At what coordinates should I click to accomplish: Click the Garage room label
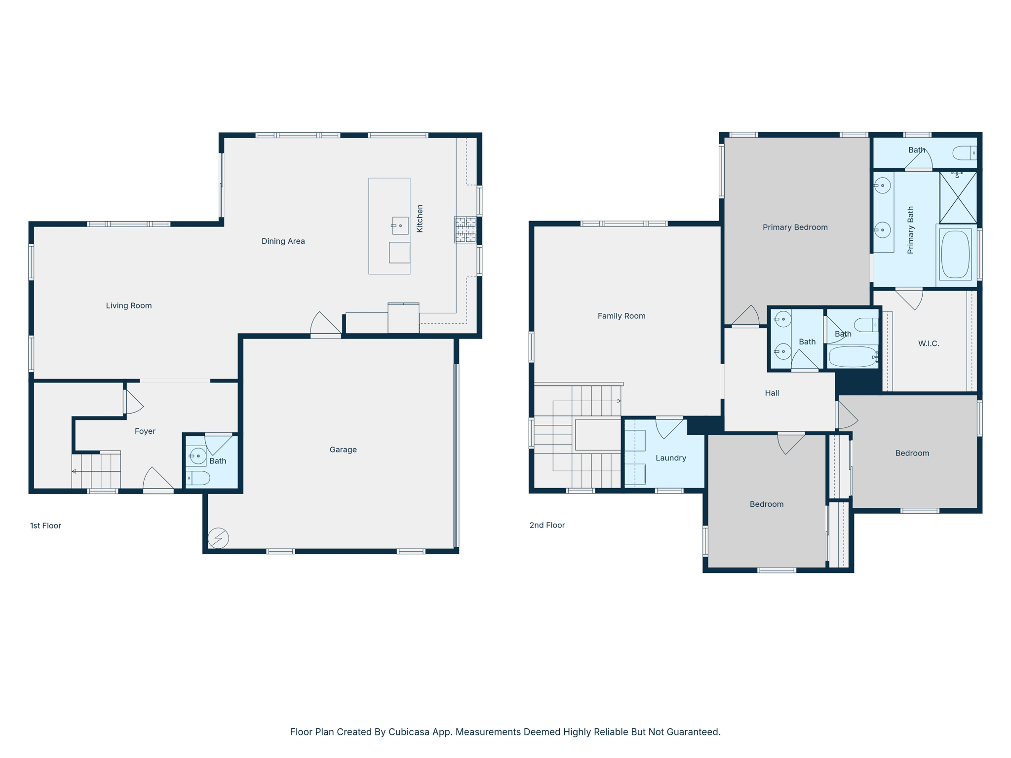[343, 450]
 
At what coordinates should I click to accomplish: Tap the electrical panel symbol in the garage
[218, 538]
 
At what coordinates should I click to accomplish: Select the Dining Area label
[283, 241]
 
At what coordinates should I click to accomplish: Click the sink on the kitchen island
[400, 226]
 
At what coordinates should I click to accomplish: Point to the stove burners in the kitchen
[466, 229]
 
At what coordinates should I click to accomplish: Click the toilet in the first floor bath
[198, 478]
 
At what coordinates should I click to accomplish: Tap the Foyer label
[145, 431]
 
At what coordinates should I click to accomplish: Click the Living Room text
[128, 305]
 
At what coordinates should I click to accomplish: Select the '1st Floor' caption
[45, 526]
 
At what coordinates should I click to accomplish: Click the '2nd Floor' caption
[547, 525]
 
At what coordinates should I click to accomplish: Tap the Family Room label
[621, 316]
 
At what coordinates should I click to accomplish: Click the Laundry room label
[670, 458]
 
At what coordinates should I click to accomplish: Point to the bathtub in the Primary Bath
[955, 255]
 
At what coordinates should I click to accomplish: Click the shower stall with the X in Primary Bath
[958, 197]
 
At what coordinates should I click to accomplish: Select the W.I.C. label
[928, 343]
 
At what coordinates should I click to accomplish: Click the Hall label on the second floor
[772, 393]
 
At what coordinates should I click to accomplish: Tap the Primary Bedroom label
[795, 227]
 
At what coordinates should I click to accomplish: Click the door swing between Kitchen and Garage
[324, 324]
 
